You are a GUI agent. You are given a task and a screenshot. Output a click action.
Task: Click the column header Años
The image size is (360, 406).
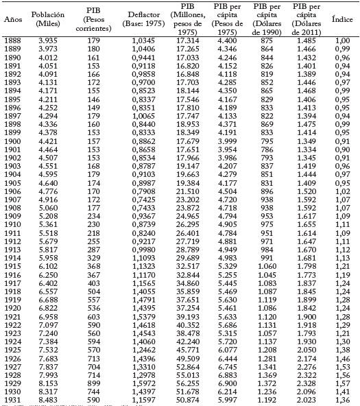12,19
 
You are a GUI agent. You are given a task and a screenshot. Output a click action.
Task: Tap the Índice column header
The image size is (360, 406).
342,19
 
